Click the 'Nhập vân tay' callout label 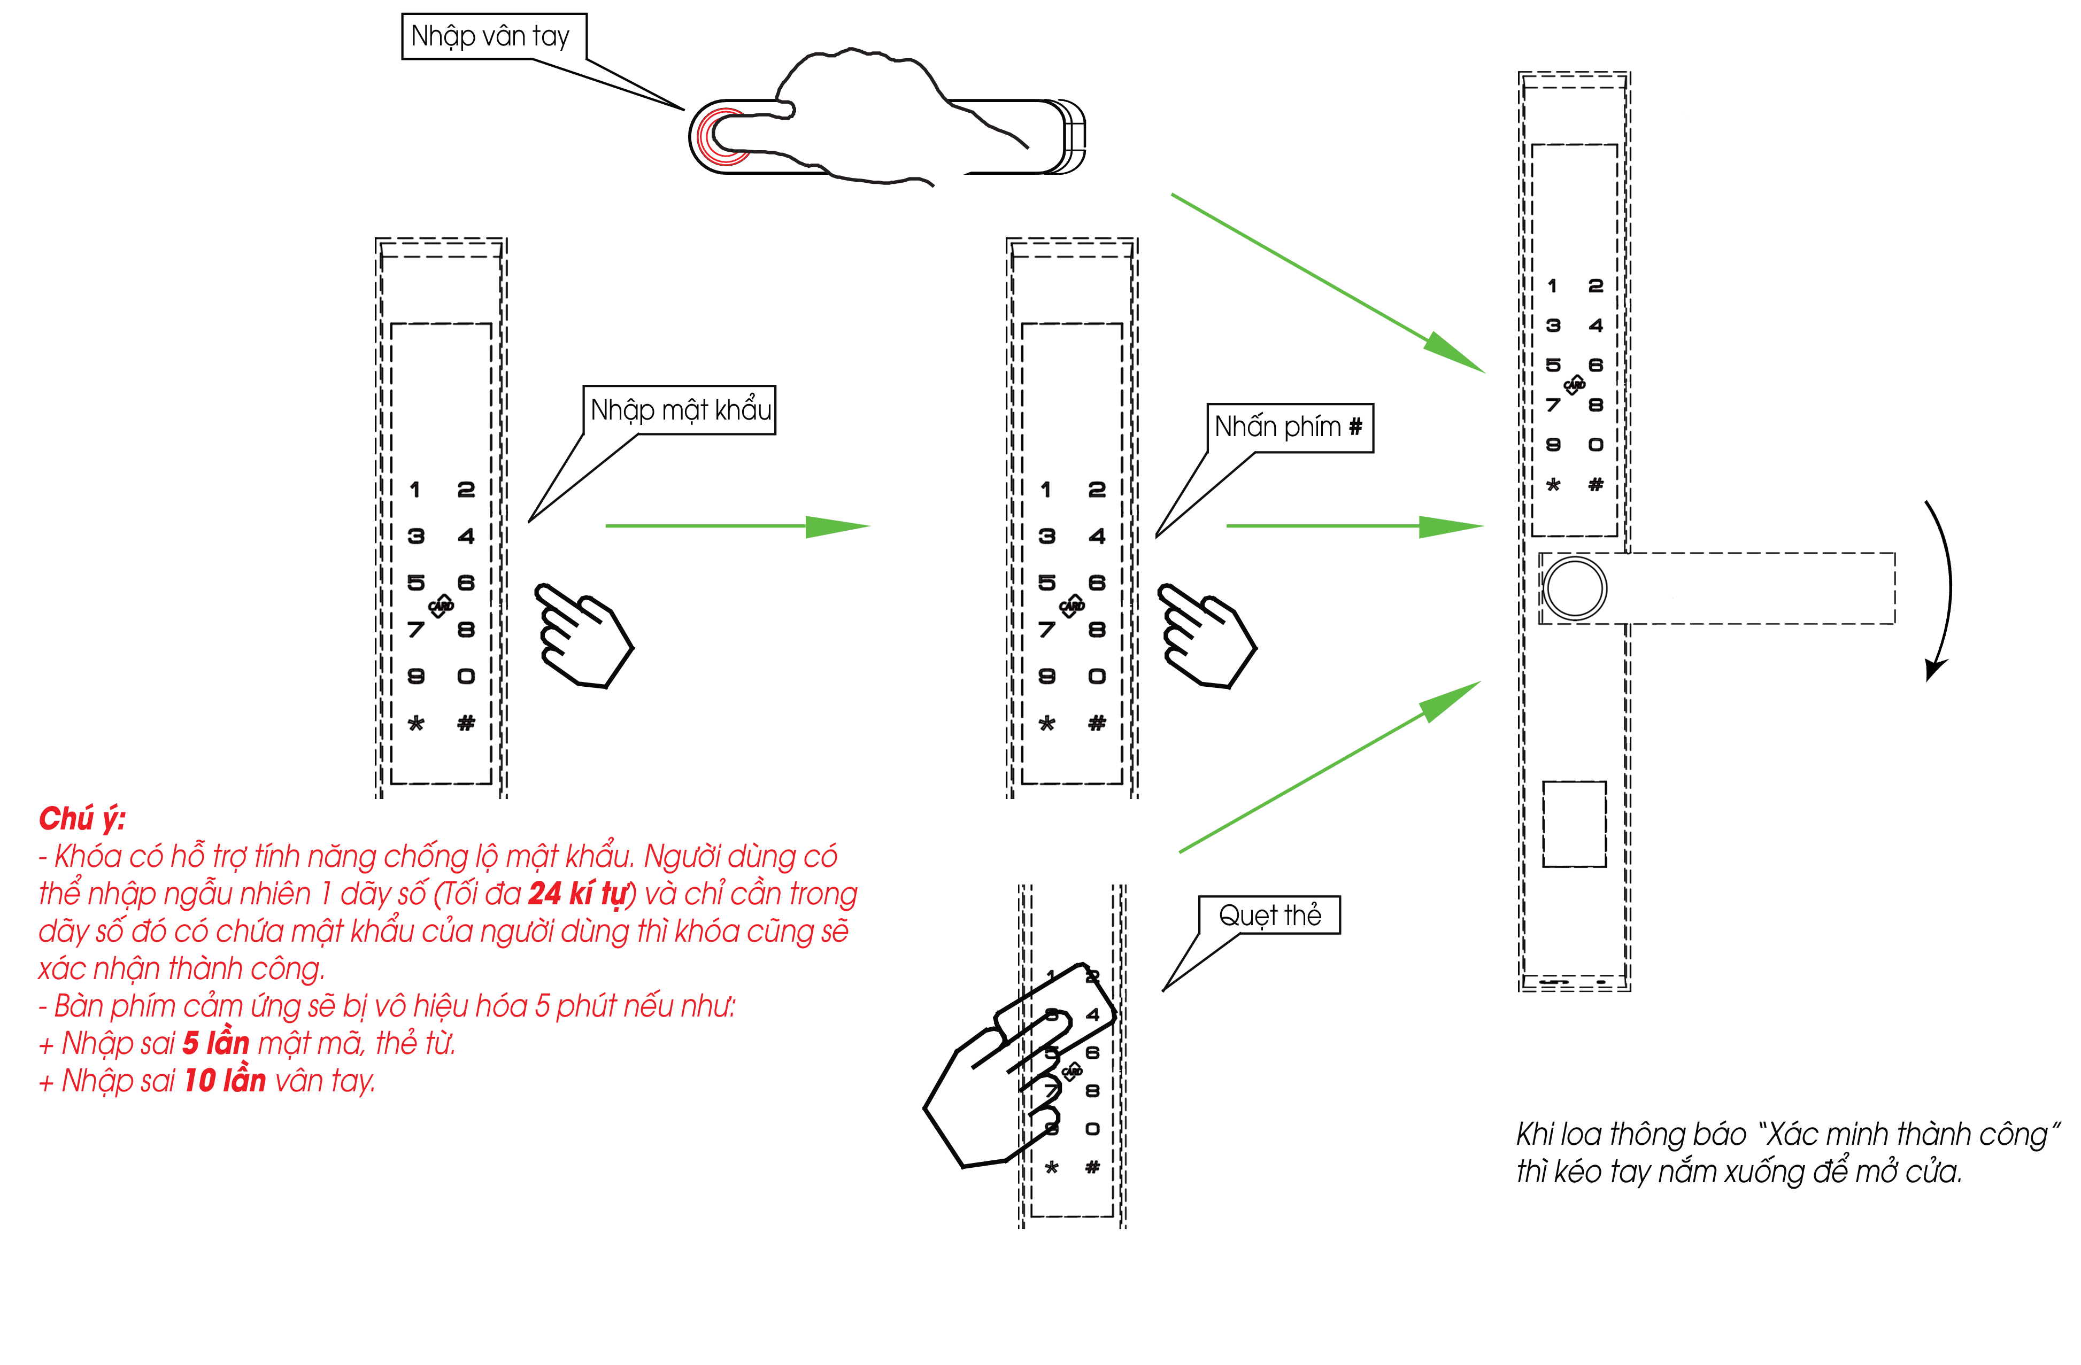point(493,36)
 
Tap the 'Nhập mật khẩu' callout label point(680,410)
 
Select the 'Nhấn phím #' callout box point(1289,428)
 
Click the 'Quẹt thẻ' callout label point(1269,915)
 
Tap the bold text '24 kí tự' point(581,893)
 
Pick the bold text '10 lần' point(225,1080)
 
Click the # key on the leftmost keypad point(466,723)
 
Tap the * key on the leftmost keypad point(416,723)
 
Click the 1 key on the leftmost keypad point(415,490)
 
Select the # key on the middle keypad point(1097,723)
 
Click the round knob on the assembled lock point(1574,588)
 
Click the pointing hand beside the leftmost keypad point(581,635)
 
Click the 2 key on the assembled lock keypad point(1595,286)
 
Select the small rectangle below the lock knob point(1574,824)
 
